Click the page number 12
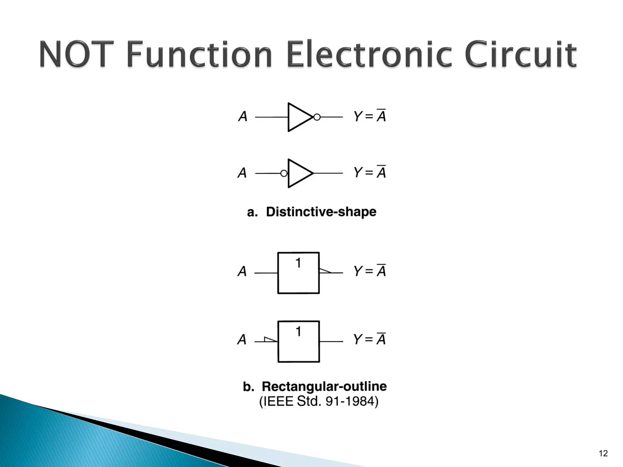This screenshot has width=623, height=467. pos(603,453)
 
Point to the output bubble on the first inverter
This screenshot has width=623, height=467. pos(317,117)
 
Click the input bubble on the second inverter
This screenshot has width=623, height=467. pos(284,173)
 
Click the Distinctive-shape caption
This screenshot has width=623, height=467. pos(312,212)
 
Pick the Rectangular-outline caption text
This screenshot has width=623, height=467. pos(315,386)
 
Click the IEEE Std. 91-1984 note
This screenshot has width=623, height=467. pos(318,402)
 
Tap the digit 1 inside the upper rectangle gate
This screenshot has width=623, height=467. pos(298,263)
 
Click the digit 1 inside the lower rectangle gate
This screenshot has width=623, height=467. pos(298,331)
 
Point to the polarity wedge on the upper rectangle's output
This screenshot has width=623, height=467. pos(325,271)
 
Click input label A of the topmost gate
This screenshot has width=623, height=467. pos(242,116)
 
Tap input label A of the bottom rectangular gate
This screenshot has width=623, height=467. pos(242,340)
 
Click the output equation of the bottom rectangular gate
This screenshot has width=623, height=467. pos(370,339)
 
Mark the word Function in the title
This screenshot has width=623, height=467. pos(199,55)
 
